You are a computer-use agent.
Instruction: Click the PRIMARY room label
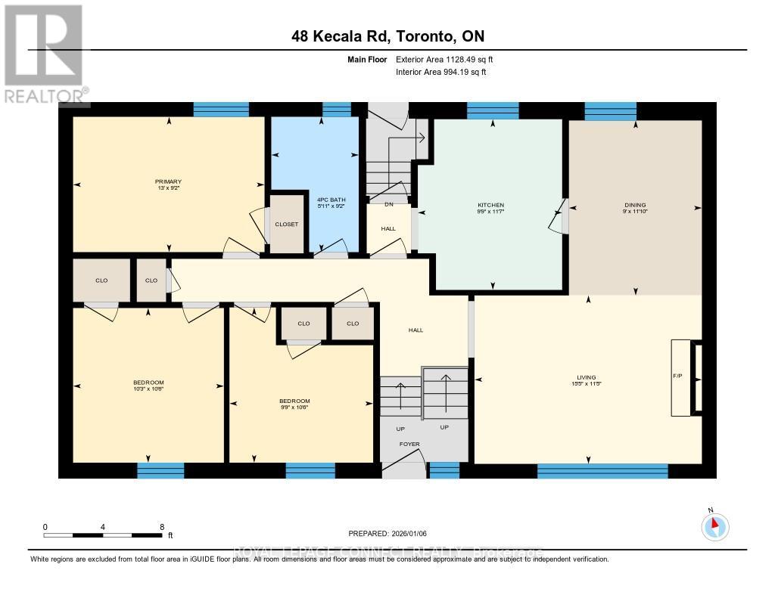coord(167,181)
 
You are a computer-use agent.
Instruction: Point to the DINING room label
coord(635,205)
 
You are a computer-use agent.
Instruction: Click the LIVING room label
coord(586,377)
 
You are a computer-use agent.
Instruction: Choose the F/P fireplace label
coord(678,376)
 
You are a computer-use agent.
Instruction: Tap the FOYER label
coord(409,444)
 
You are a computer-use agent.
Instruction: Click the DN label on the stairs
coord(389,203)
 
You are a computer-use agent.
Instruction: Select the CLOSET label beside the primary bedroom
coord(286,225)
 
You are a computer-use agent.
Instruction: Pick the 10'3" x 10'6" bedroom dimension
coord(148,389)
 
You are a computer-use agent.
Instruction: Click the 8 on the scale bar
coord(161,526)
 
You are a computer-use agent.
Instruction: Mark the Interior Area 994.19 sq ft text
coord(441,72)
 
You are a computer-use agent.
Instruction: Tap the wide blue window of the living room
coord(602,471)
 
